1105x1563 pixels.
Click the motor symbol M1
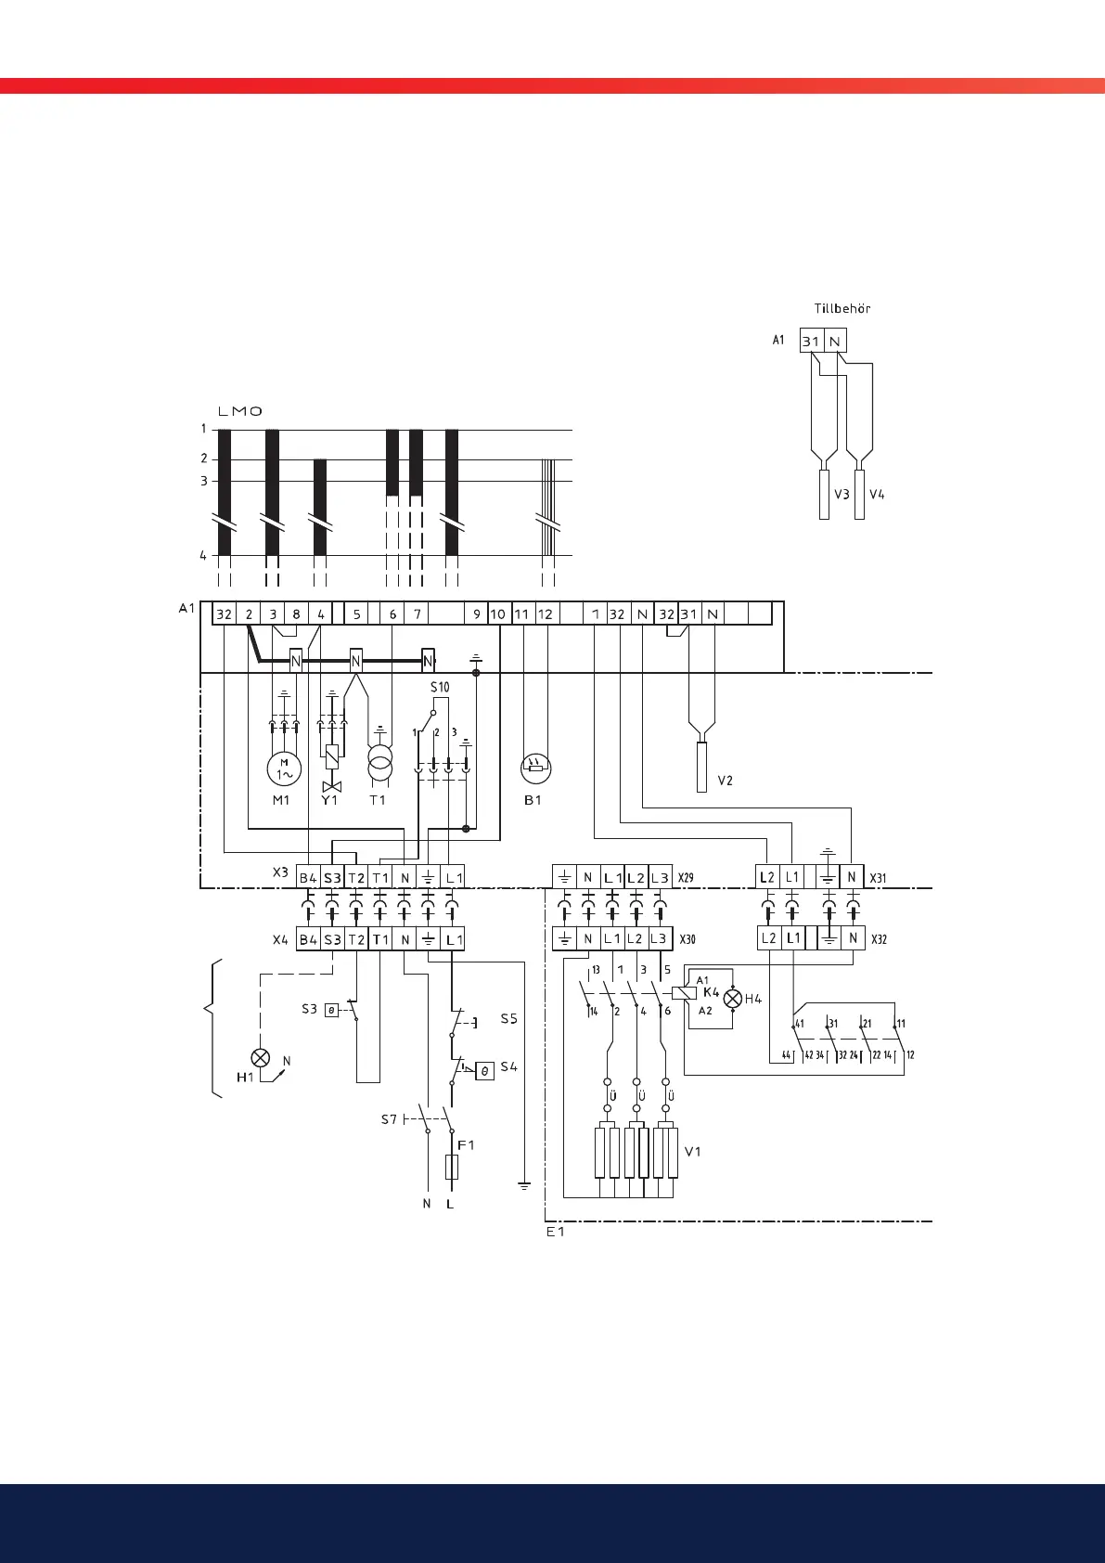tap(284, 769)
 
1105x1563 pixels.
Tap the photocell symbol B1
tap(536, 768)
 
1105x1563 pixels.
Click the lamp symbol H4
tap(733, 999)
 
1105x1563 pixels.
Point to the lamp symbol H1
tap(261, 1058)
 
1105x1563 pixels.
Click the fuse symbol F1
tap(451, 1167)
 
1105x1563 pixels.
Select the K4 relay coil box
tap(685, 993)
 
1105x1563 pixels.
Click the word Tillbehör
tap(842, 308)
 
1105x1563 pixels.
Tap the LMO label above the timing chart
tap(240, 411)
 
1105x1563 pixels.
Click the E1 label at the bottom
tap(555, 1232)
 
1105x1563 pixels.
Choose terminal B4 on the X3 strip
tap(308, 877)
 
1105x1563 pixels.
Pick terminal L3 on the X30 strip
tap(658, 938)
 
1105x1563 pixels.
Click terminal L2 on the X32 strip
tap(768, 938)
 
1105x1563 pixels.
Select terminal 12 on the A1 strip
tap(546, 614)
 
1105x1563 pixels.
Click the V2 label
tap(725, 781)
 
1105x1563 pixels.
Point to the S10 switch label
tap(439, 688)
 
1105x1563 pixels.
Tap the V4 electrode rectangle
tap(859, 495)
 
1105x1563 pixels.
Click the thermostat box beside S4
tap(484, 1071)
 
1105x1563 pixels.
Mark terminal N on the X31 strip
tap(853, 877)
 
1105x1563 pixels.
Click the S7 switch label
tap(390, 1119)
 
